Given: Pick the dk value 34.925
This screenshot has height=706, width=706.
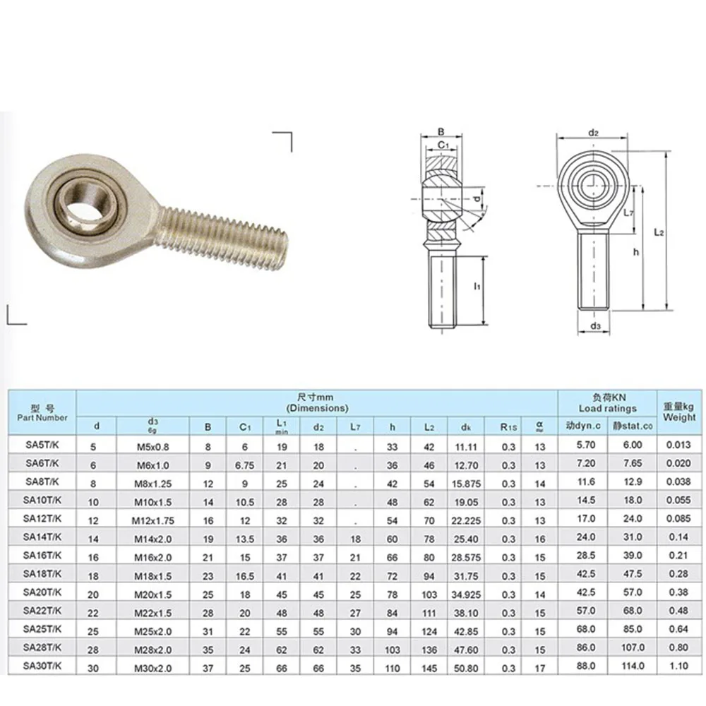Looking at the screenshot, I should click(x=466, y=592).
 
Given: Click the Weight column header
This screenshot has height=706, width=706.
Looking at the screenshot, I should click(x=679, y=412).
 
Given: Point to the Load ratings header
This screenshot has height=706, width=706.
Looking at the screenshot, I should click(x=607, y=403).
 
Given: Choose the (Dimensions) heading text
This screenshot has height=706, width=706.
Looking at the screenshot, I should click(x=317, y=408).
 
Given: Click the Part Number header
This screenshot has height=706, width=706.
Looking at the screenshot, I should click(x=42, y=413).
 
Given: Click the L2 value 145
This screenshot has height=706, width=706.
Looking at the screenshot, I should click(x=429, y=665).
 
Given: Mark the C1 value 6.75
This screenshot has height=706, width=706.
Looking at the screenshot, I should click(x=245, y=464).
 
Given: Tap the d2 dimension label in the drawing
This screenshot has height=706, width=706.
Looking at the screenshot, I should click(x=593, y=132).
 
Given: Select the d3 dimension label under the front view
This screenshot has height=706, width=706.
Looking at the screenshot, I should click(x=595, y=325).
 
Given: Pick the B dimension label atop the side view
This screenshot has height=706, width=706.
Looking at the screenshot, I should click(x=441, y=131).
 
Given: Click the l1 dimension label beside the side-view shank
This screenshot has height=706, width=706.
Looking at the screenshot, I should click(x=477, y=287).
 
